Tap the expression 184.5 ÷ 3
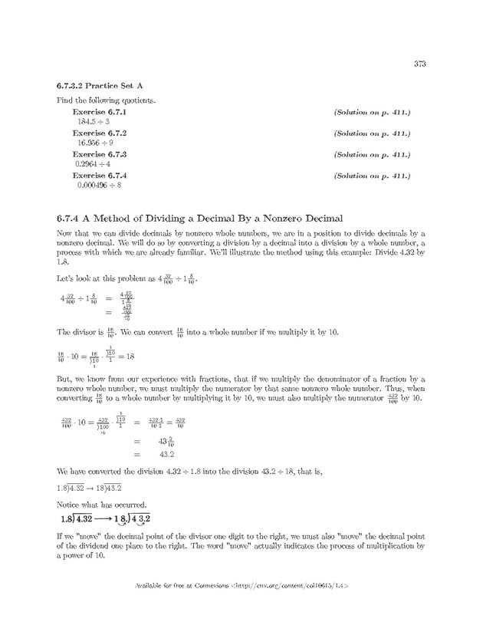coord(93,122)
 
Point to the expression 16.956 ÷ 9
coord(95,143)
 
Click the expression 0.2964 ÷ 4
coord(93,164)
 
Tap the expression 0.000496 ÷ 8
coord(99,185)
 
